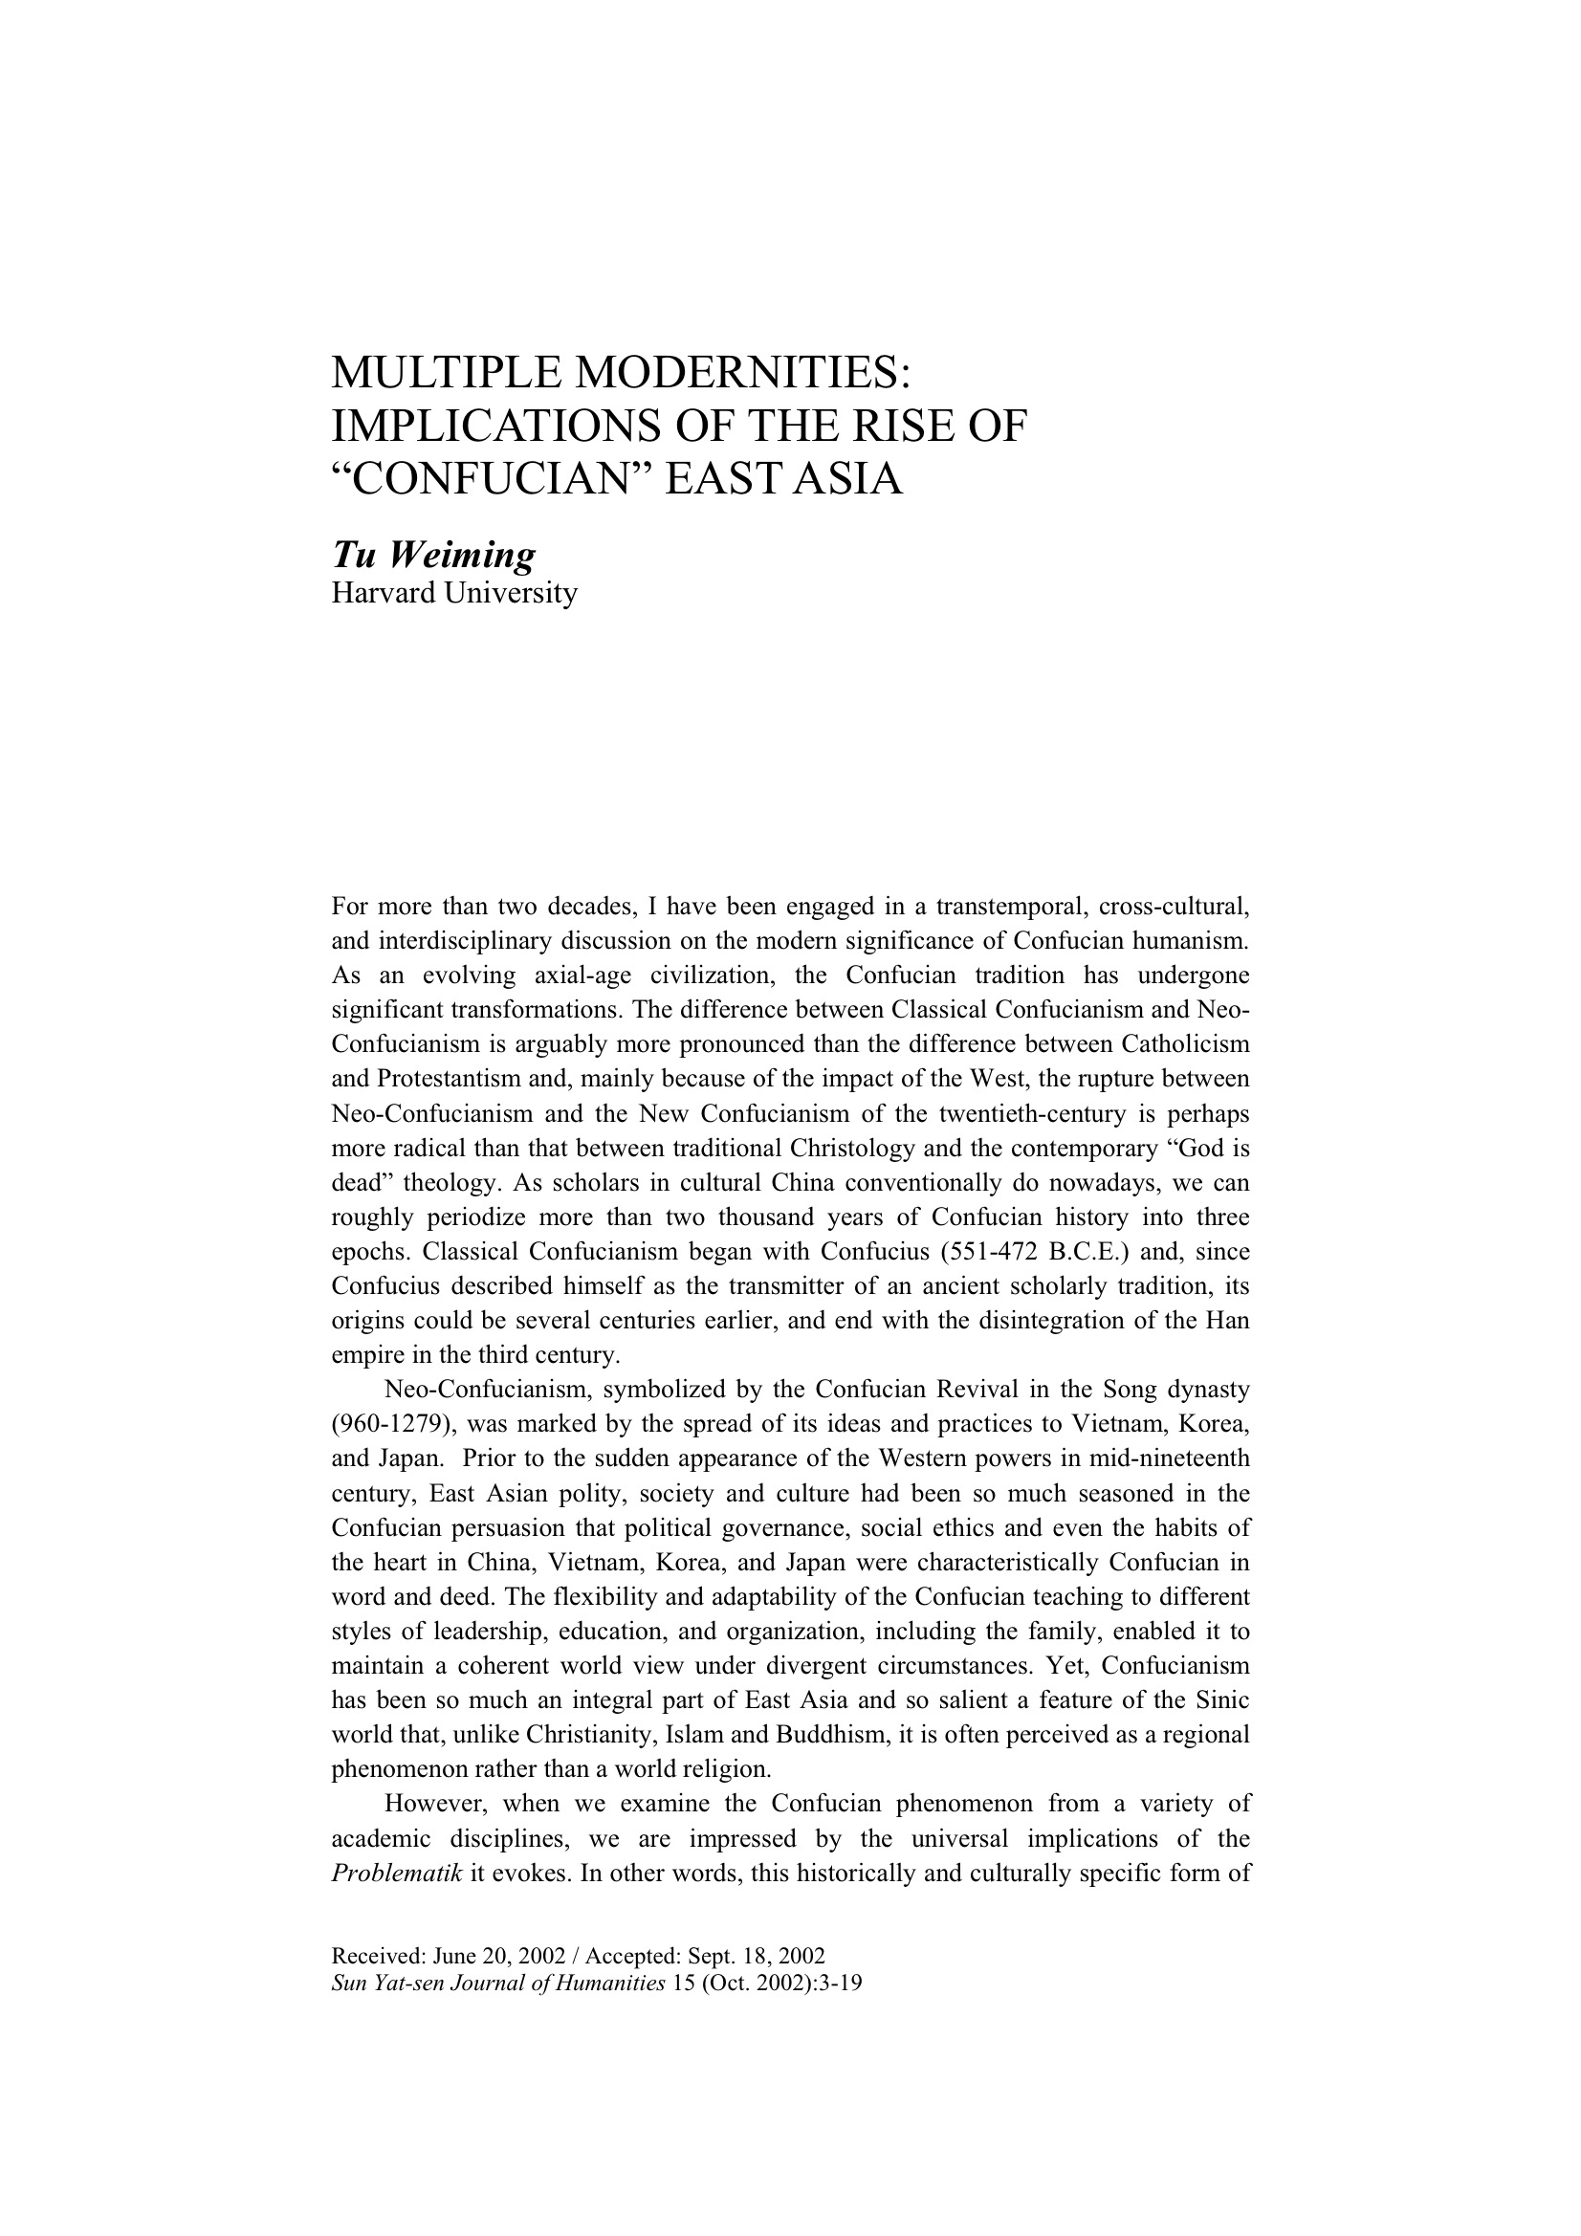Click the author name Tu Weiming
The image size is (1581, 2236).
[x=433, y=554]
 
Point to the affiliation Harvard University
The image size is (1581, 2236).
[x=454, y=592]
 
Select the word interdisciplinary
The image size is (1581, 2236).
[x=455, y=942]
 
